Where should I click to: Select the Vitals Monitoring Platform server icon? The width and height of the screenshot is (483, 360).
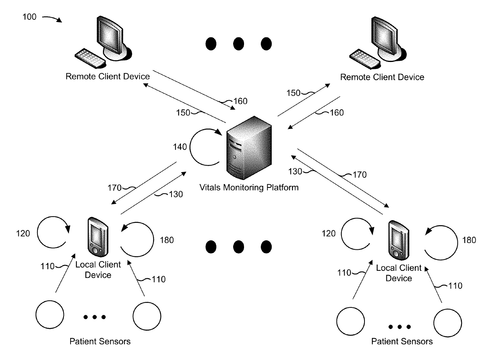click(250, 150)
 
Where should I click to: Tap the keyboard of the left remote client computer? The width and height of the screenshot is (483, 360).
click(89, 58)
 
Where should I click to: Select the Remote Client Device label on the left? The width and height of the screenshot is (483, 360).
click(108, 76)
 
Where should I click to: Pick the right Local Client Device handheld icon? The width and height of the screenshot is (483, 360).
click(398, 240)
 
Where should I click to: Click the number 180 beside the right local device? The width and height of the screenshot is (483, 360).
click(469, 240)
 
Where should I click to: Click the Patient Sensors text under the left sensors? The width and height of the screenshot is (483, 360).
click(100, 342)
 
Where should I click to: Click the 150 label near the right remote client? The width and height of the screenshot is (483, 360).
click(294, 93)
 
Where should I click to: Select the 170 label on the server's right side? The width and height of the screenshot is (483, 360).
click(359, 175)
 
